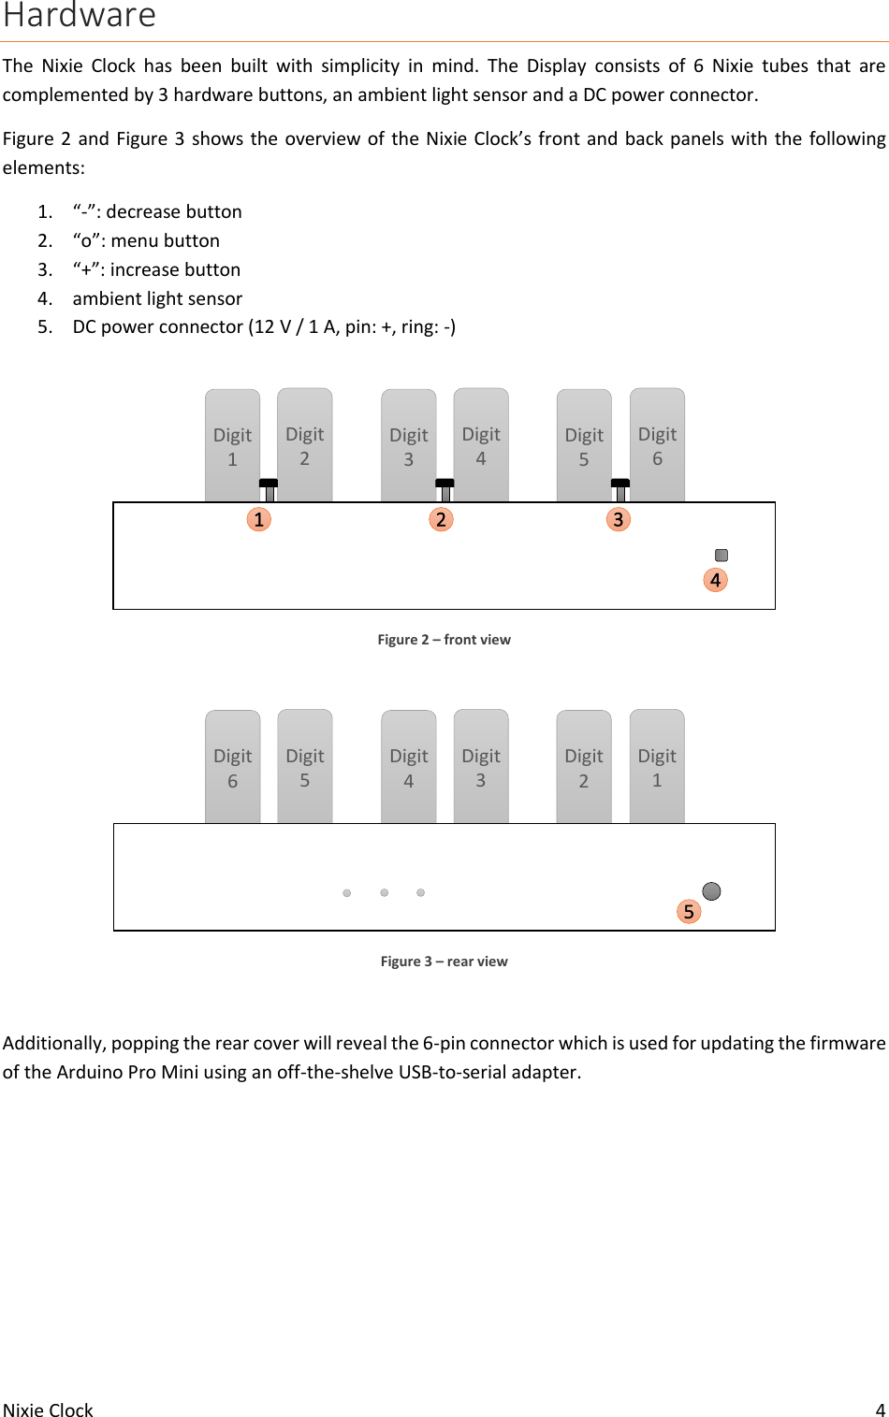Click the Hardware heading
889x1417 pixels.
coord(80,16)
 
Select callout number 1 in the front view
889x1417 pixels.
coord(259,519)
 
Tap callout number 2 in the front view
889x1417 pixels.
coord(441,519)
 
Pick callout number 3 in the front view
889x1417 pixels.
coord(618,519)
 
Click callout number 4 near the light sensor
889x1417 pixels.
coord(715,580)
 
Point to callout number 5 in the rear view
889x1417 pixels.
coord(689,911)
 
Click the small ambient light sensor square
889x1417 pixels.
coord(721,555)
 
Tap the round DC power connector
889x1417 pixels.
coord(711,890)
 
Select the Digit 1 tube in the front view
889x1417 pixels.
coord(232,446)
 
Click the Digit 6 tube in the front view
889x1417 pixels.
coord(657,446)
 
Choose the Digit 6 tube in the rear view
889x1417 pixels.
coord(232,767)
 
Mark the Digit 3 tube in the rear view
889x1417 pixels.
coord(481,767)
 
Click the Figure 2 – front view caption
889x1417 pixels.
coord(444,640)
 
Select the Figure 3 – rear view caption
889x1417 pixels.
coord(444,962)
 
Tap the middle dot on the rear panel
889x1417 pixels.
coord(385,892)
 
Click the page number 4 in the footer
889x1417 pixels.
coord(880,1410)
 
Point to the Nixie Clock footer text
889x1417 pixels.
coord(48,1410)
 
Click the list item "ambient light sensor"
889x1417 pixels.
coord(157,298)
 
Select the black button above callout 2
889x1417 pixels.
coord(444,484)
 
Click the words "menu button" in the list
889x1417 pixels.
coord(165,240)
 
